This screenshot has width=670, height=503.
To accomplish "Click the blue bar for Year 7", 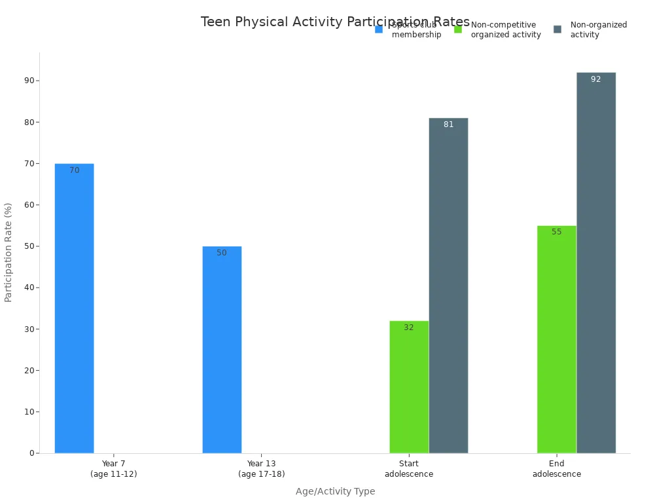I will pyautogui.click(x=74, y=308).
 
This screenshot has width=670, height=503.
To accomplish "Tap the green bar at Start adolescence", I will pyautogui.click(x=409, y=386).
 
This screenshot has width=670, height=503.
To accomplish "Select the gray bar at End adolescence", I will pyautogui.click(x=596, y=263).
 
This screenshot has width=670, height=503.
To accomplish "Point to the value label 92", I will pyautogui.click(x=595, y=79).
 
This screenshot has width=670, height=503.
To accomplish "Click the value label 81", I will pyautogui.click(x=448, y=124).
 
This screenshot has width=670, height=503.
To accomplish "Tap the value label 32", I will pyautogui.click(x=408, y=327).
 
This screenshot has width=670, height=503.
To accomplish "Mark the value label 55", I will pyautogui.click(x=556, y=232).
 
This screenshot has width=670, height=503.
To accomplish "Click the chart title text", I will pyautogui.click(x=334, y=22).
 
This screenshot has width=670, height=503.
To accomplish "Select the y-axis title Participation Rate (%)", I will pyautogui.click(x=9, y=252).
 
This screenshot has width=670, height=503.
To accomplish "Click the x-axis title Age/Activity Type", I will pyautogui.click(x=335, y=491).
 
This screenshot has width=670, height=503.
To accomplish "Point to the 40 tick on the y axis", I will pyautogui.click(x=29, y=288).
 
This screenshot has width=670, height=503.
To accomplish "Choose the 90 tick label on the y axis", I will pyautogui.click(x=29, y=81).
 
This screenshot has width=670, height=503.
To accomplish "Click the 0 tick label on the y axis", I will pyautogui.click(x=31, y=453).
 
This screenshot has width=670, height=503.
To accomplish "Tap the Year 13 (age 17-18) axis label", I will pyautogui.click(x=261, y=469).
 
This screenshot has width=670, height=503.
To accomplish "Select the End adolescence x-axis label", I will pyautogui.click(x=556, y=469).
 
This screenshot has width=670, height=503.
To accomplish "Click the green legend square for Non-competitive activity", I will pyautogui.click(x=458, y=29).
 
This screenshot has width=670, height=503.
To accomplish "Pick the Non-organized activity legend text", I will pyautogui.click(x=598, y=29).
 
